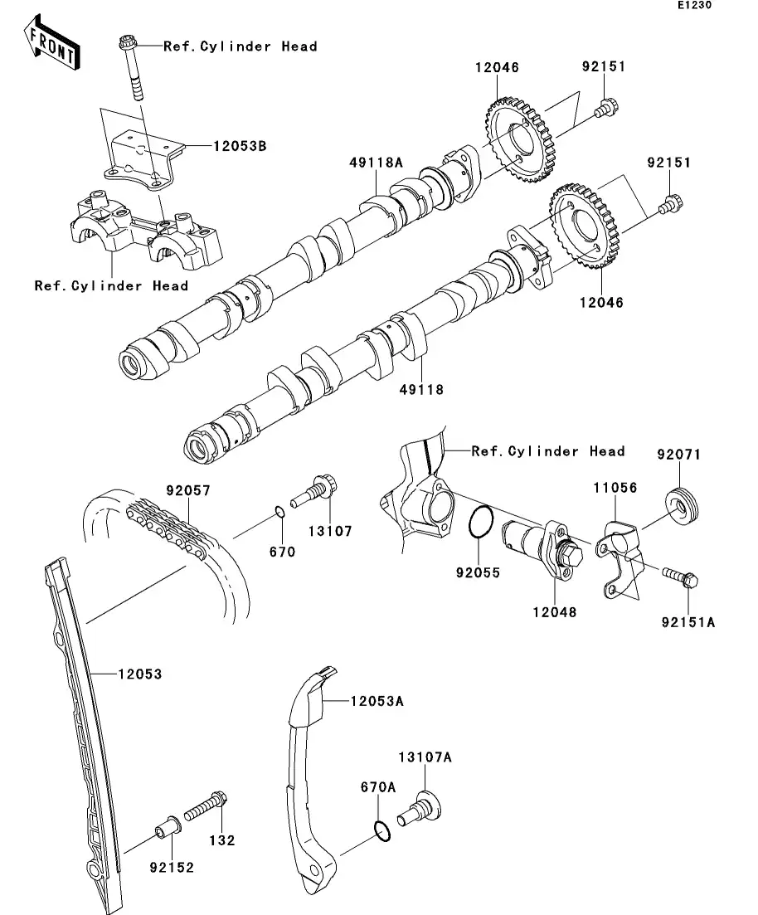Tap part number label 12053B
(x=240, y=145)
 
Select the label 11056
(x=614, y=489)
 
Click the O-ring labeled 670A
(x=381, y=830)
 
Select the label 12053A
(x=377, y=701)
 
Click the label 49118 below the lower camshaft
(x=422, y=389)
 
